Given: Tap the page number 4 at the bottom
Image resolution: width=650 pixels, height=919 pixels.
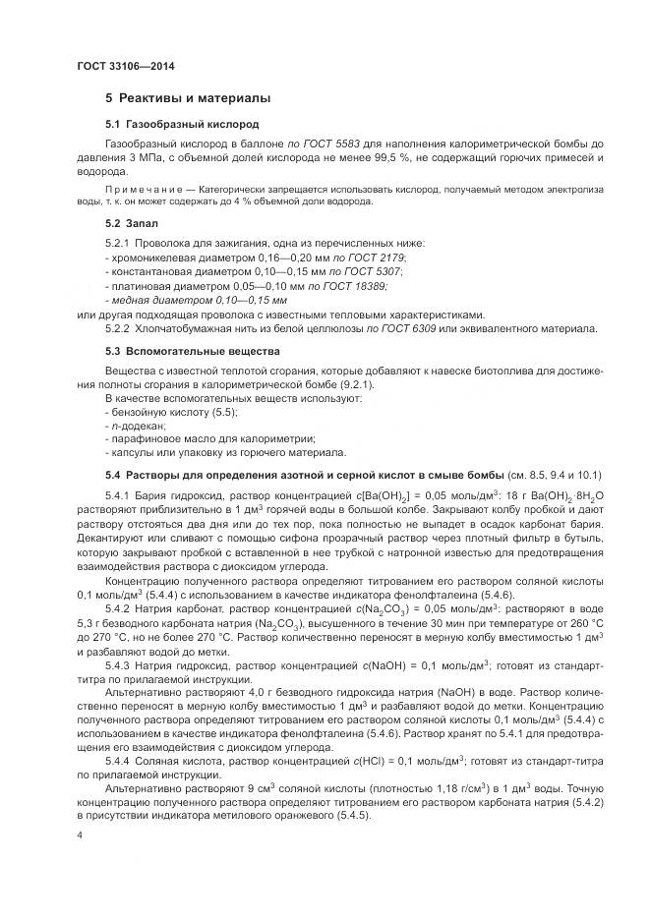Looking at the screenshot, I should [x=80, y=833].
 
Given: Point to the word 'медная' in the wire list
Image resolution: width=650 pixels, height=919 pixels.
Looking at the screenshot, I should [x=129, y=300].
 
